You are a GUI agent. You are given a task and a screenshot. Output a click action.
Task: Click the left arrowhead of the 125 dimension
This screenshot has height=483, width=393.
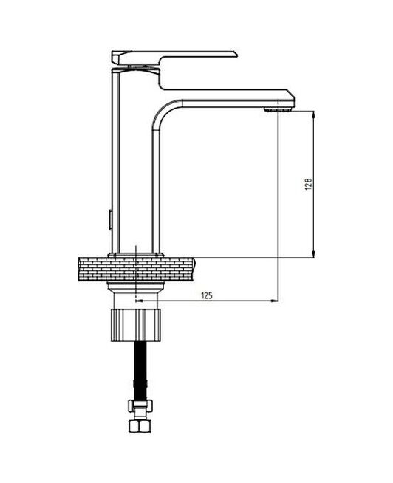pyautogui.click(x=140, y=301)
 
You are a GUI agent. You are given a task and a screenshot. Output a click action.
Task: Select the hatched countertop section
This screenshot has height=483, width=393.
pyautogui.click(x=92, y=267)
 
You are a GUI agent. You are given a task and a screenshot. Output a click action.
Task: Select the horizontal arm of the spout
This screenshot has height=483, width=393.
pyautogui.click(x=229, y=97)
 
